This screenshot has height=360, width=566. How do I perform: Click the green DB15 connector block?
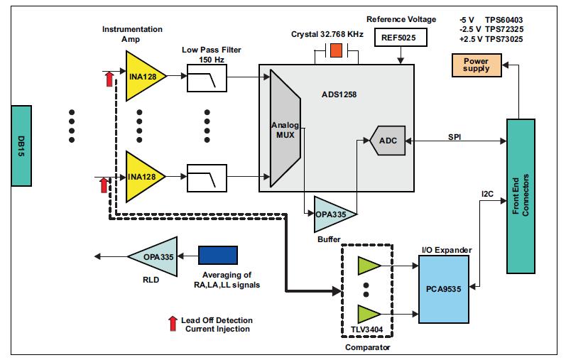tap(22, 145)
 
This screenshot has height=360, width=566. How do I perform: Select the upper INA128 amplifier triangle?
tap(144, 77)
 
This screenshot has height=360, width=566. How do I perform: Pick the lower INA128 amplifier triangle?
tap(144, 177)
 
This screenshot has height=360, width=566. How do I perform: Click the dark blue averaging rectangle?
tap(218, 256)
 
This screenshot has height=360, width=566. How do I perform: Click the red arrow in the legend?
tap(173, 324)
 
